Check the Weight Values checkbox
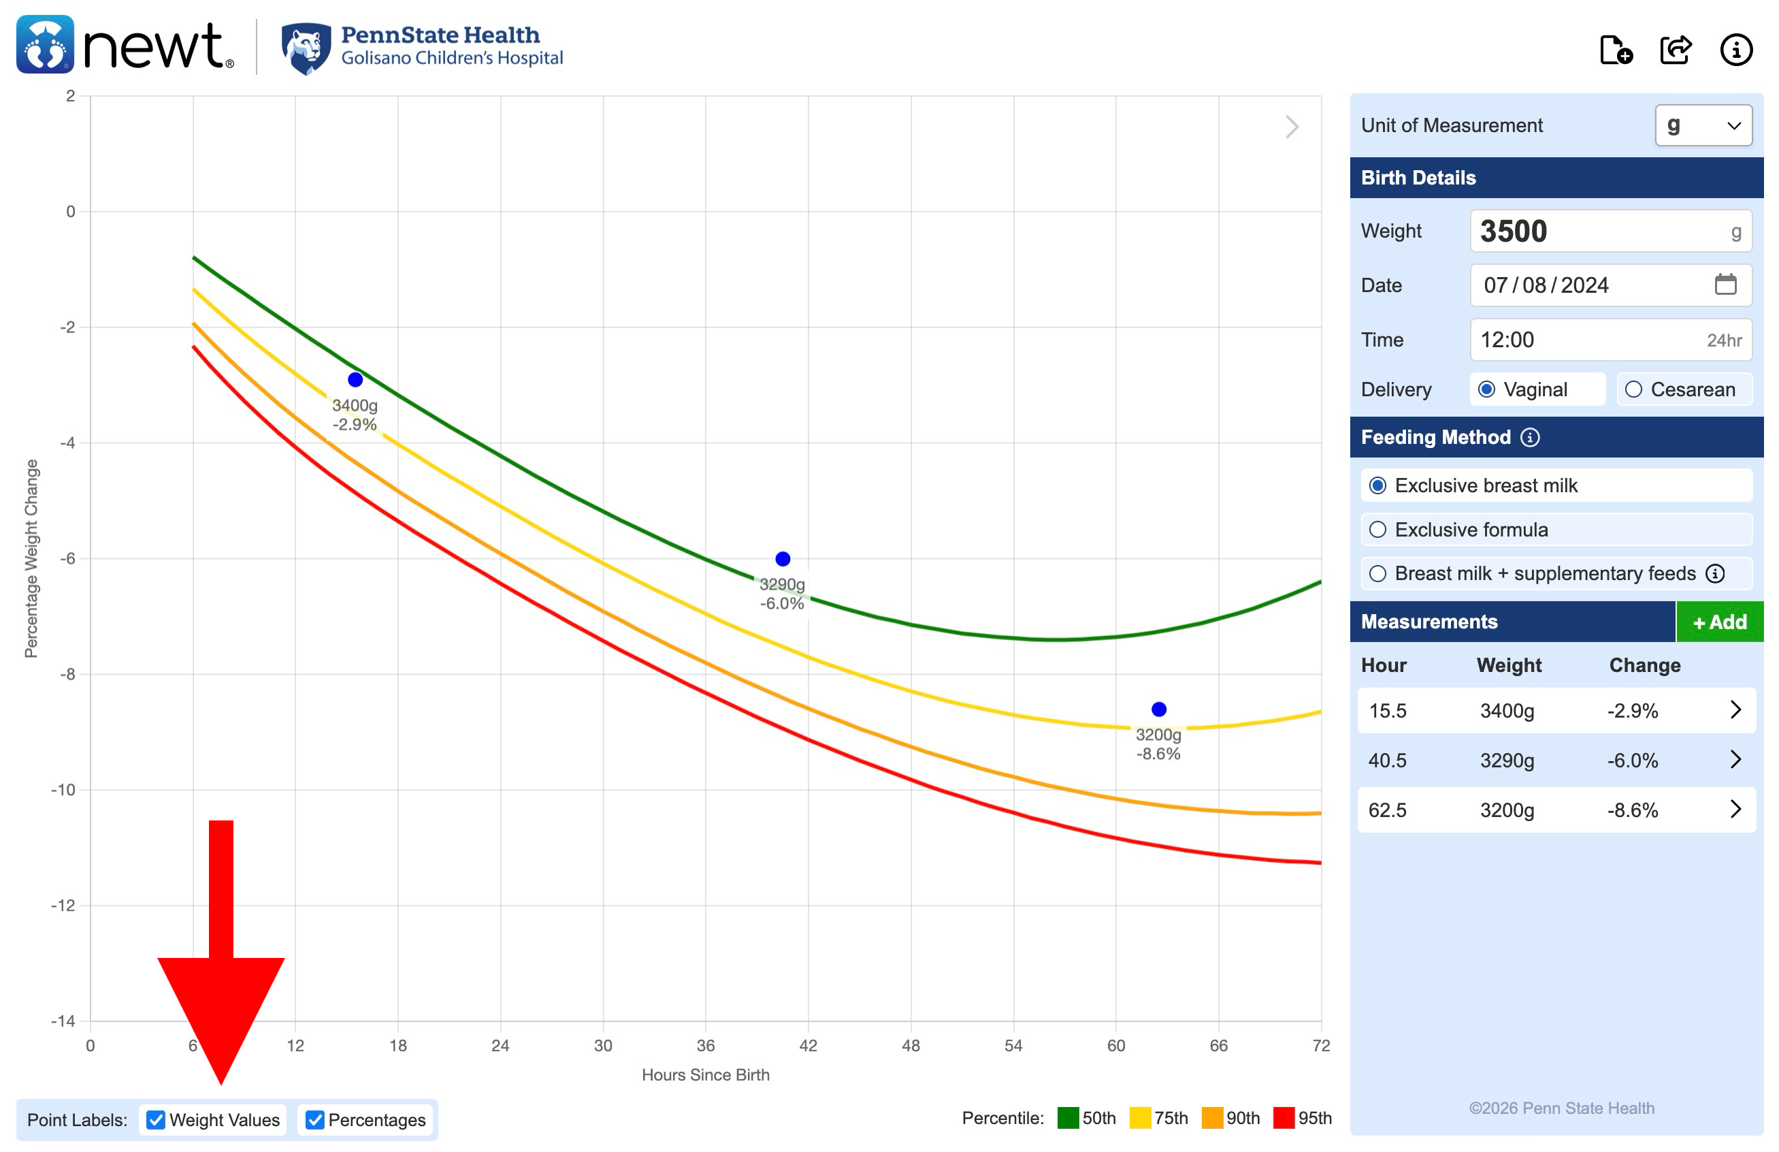coord(155,1119)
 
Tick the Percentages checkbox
coord(314,1119)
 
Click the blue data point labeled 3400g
coord(355,380)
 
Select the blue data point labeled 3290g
coord(783,558)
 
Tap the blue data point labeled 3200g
coord(1158,709)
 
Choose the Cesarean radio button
coord(1634,389)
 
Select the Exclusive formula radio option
coord(1377,529)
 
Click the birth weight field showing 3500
coord(1599,231)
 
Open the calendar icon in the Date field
coord(1725,285)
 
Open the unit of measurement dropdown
coord(1703,125)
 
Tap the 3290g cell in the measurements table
coord(1507,761)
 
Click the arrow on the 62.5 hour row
coord(1735,810)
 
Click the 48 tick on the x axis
coord(911,1045)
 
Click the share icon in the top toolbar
coord(1676,50)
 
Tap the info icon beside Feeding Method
coord(1530,437)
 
